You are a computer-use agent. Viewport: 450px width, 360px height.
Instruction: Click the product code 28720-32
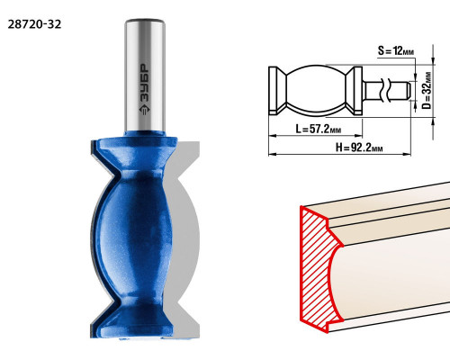click(34, 24)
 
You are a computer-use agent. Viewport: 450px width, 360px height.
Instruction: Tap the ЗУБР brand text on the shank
click(145, 83)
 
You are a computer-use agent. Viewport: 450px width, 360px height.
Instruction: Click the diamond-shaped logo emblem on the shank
click(145, 109)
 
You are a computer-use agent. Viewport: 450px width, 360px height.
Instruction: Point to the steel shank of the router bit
click(145, 75)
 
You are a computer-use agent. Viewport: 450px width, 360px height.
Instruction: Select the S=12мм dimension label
click(396, 50)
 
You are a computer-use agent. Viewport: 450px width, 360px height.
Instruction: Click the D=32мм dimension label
click(427, 90)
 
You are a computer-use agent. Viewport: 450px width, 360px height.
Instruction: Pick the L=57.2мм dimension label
click(319, 129)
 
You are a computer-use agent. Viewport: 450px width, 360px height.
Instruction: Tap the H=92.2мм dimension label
click(359, 148)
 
